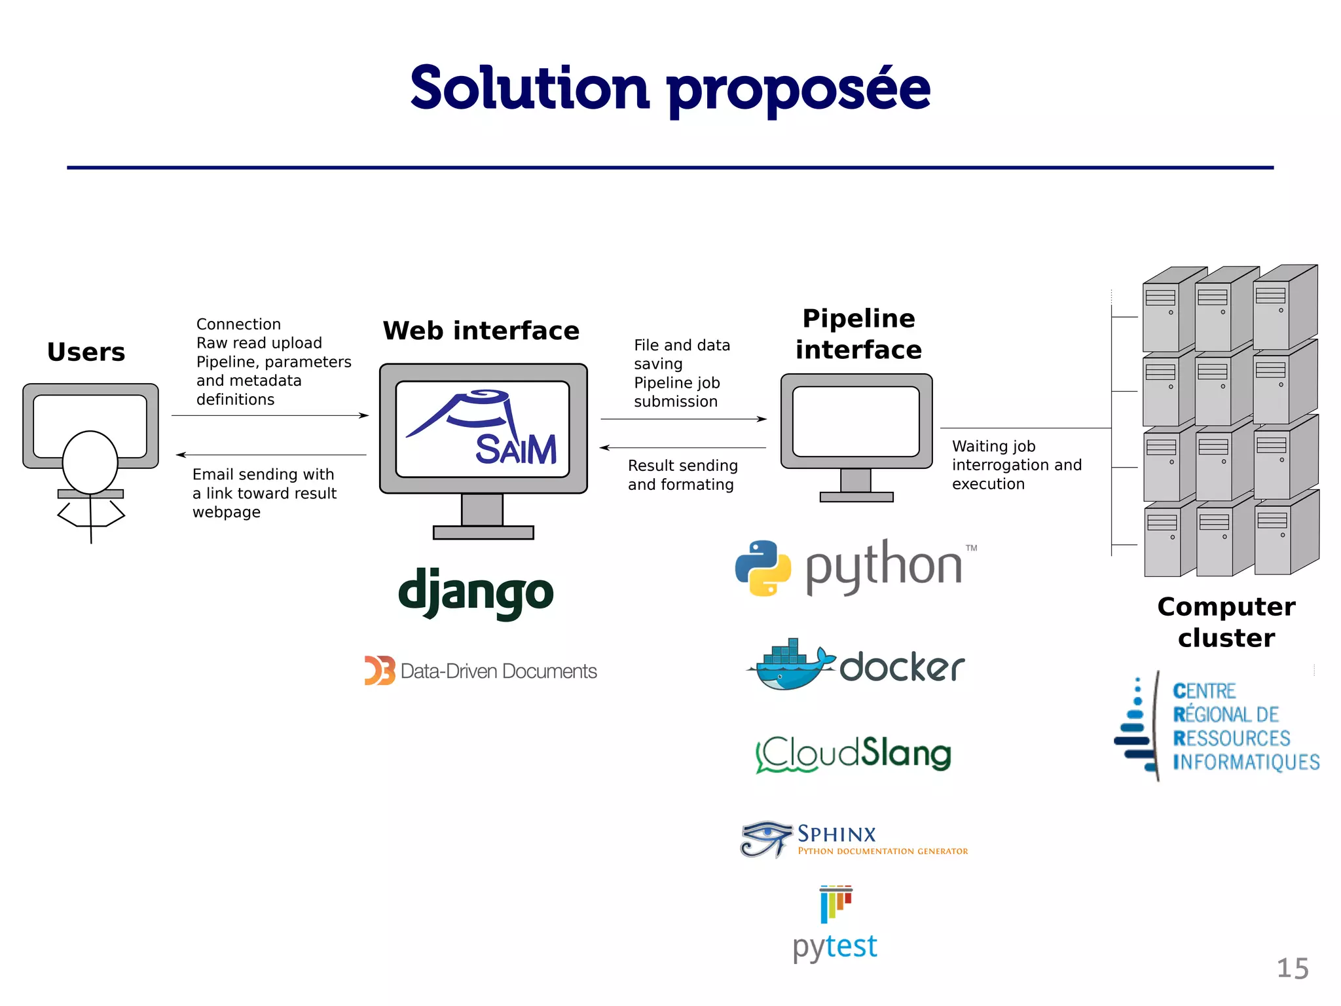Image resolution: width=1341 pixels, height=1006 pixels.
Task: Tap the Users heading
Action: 86,352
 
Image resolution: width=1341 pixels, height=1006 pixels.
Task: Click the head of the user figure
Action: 90,462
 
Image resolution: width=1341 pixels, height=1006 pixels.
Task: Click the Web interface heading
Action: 481,331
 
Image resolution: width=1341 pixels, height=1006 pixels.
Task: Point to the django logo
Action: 476,592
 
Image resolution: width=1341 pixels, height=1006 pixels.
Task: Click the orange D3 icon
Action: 380,671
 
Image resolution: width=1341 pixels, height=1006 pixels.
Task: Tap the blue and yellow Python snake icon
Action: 763,567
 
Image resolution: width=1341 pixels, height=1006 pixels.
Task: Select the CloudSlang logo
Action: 853,754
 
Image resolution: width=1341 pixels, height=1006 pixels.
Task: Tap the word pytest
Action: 835,946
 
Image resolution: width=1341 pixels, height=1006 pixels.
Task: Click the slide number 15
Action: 1293,968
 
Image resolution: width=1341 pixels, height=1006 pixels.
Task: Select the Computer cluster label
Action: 1226,622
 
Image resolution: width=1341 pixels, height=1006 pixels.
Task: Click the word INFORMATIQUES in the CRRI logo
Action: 1246,762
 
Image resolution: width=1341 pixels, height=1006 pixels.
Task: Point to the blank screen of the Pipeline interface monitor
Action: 856,421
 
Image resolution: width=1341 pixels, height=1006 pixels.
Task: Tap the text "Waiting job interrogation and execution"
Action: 1016,465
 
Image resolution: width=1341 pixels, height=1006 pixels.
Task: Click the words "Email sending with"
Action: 263,474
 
